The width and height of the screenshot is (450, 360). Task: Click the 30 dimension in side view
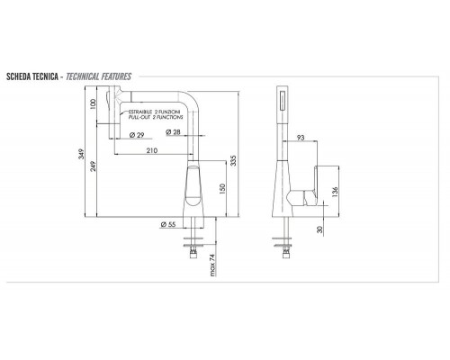321,228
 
